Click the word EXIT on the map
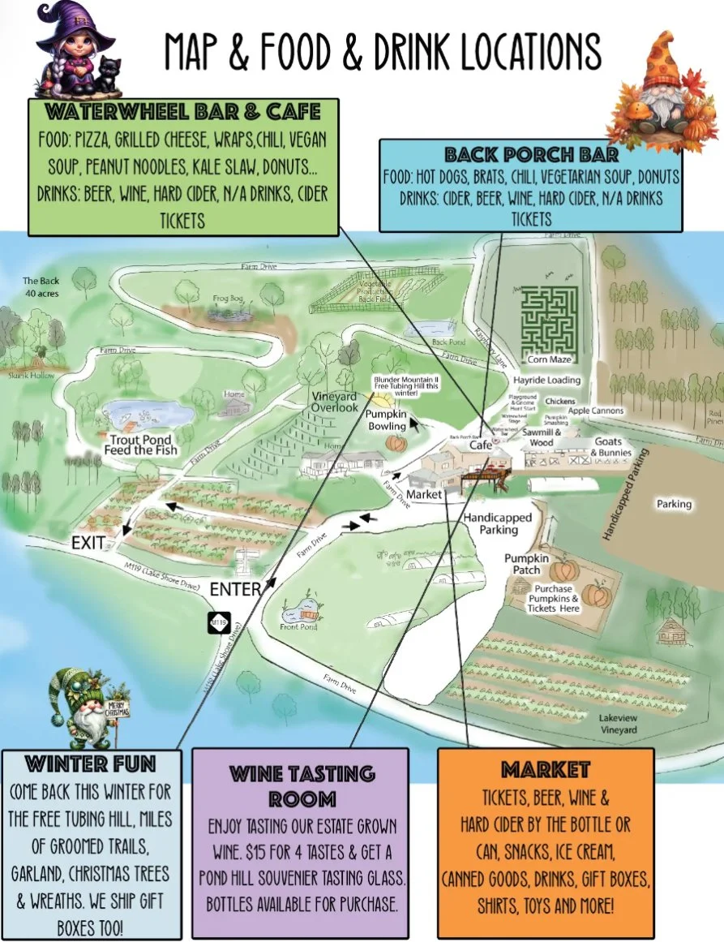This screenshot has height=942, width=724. tap(89, 542)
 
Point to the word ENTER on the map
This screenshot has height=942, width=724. tap(235, 589)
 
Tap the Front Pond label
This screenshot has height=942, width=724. tap(299, 626)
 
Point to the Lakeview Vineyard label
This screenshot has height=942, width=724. tap(618, 724)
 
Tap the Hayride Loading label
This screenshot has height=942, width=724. tap(546, 380)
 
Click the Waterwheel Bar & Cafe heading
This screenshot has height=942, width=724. tap(183, 111)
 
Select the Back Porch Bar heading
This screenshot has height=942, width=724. tap(531, 154)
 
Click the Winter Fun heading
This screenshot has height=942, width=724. tap(91, 763)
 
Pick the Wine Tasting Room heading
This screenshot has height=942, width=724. tap(300, 785)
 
